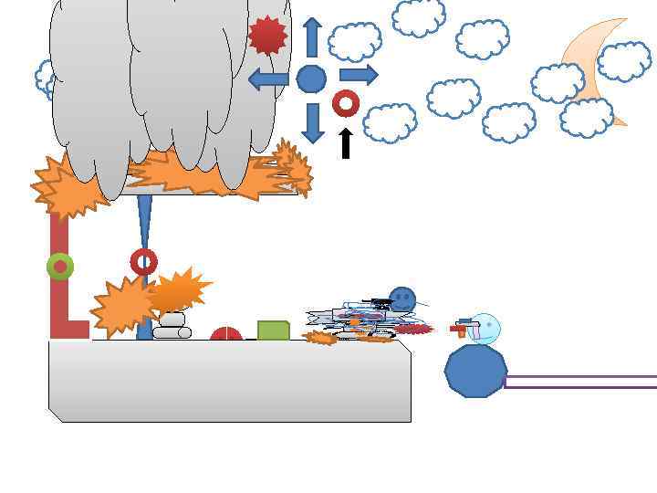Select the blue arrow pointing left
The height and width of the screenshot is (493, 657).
pyautogui.click(x=268, y=79)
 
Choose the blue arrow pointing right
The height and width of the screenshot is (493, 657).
pyautogui.click(x=358, y=75)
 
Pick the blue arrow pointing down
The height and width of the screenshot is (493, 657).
pyautogui.click(x=312, y=122)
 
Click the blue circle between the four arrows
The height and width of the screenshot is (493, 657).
pyautogui.click(x=311, y=79)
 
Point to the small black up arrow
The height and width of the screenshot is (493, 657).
pyautogui.click(x=345, y=142)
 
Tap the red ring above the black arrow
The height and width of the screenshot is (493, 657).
pyautogui.click(x=345, y=103)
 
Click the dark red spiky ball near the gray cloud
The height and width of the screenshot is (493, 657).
pyautogui.click(x=267, y=35)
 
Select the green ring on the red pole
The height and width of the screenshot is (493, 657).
pyautogui.click(x=60, y=267)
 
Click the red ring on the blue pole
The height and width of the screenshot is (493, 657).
pyautogui.click(x=143, y=262)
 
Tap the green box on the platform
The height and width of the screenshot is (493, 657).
pyautogui.click(x=273, y=330)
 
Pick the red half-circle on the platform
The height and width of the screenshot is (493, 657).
pyautogui.click(x=226, y=335)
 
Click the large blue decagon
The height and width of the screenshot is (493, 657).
pyautogui.click(x=475, y=371)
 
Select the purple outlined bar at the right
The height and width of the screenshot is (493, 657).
pyautogui.click(x=580, y=382)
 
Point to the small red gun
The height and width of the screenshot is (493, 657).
pyautogui.click(x=460, y=327)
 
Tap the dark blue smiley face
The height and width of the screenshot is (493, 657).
pyautogui.click(x=402, y=299)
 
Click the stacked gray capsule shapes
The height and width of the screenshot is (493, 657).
pyautogui.click(x=171, y=327)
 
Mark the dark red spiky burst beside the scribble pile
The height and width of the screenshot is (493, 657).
pyautogui.click(x=413, y=329)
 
